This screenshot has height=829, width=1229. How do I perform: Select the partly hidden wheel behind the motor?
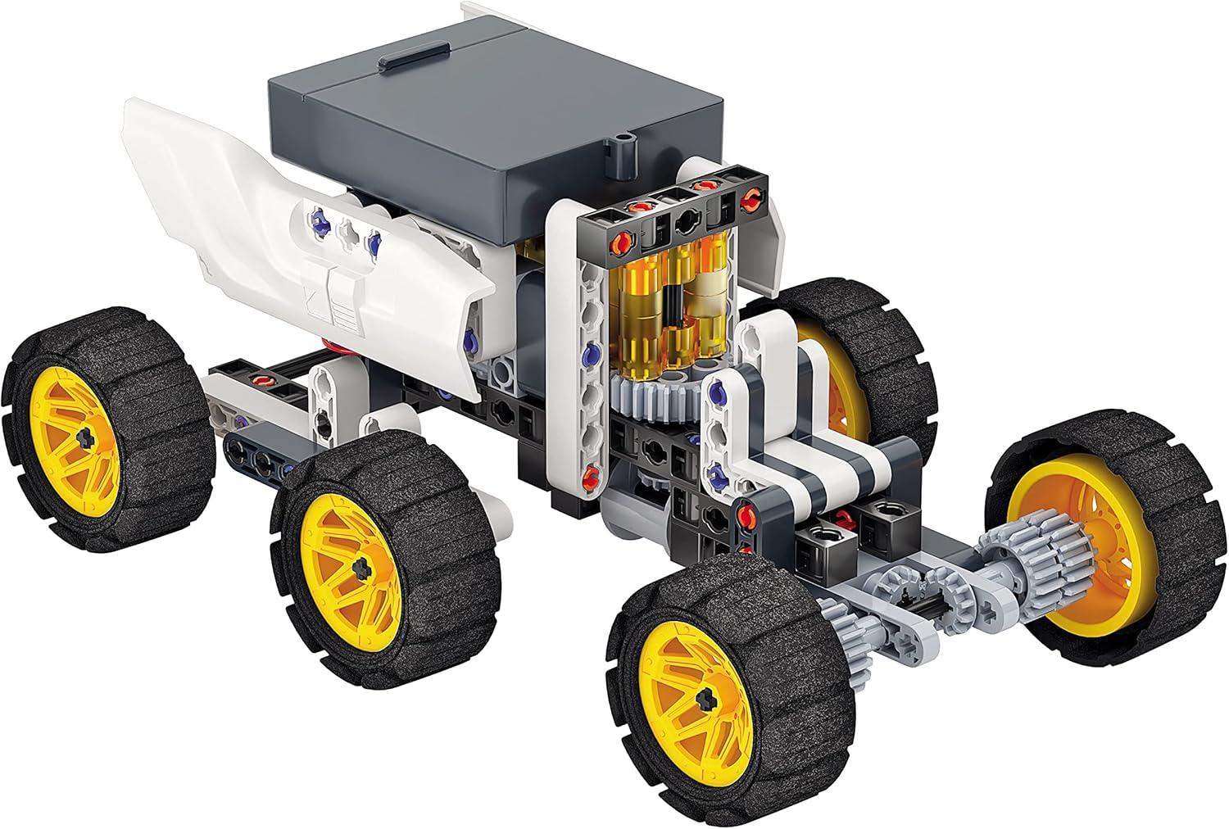pyautogui.click(x=868, y=352)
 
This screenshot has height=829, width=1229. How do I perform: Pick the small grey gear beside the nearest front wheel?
pyautogui.click(x=844, y=631)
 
